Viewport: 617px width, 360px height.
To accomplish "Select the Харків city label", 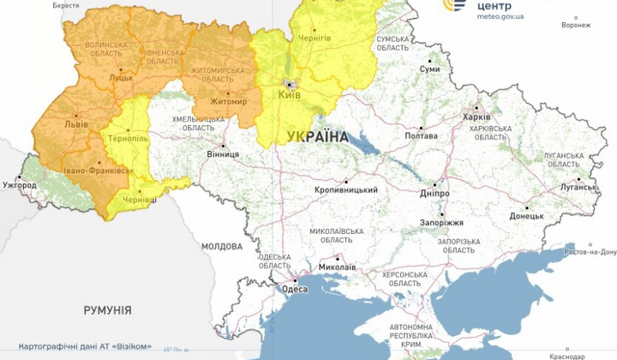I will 476,117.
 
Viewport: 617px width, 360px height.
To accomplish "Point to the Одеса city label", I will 295,289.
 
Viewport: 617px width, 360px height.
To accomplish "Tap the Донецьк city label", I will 526,216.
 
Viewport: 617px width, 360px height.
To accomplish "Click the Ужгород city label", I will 20,184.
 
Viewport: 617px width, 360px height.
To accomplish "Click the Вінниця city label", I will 223,155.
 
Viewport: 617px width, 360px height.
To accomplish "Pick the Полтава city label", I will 421,136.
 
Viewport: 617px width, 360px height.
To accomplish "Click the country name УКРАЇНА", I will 318,137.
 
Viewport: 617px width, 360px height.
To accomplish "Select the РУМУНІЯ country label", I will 107,309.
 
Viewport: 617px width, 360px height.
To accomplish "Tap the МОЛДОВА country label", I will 222,246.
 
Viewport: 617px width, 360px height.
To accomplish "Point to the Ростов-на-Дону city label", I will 591,252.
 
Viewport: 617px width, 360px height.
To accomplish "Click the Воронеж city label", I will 576,25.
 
